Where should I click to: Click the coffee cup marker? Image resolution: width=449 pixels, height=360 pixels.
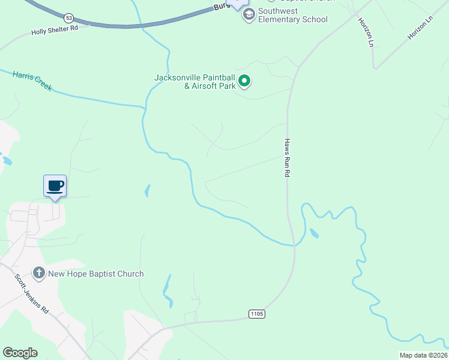[x=55, y=186]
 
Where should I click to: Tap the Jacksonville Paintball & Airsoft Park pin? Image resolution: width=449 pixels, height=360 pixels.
[x=244, y=80]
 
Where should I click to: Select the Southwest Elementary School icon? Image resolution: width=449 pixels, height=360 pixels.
[x=249, y=14]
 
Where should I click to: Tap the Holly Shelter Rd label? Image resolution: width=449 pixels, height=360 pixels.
[x=55, y=29]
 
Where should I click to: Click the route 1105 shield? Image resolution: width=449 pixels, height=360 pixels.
[x=256, y=314]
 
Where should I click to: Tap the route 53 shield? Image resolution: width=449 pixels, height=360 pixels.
[x=70, y=17]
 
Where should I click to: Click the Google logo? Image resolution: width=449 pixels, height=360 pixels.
[x=20, y=353]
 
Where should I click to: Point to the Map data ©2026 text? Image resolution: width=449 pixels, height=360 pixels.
[x=422, y=355]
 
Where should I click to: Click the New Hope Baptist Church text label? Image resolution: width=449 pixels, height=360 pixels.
[x=96, y=274]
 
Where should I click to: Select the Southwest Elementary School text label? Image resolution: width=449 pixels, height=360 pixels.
[x=293, y=15]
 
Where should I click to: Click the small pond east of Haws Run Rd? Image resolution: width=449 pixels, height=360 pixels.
[x=314, y=233]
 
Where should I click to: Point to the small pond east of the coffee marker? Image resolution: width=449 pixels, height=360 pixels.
[x=147, y=191]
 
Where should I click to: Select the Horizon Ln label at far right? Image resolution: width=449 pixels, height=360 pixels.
[x=420, y=28]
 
